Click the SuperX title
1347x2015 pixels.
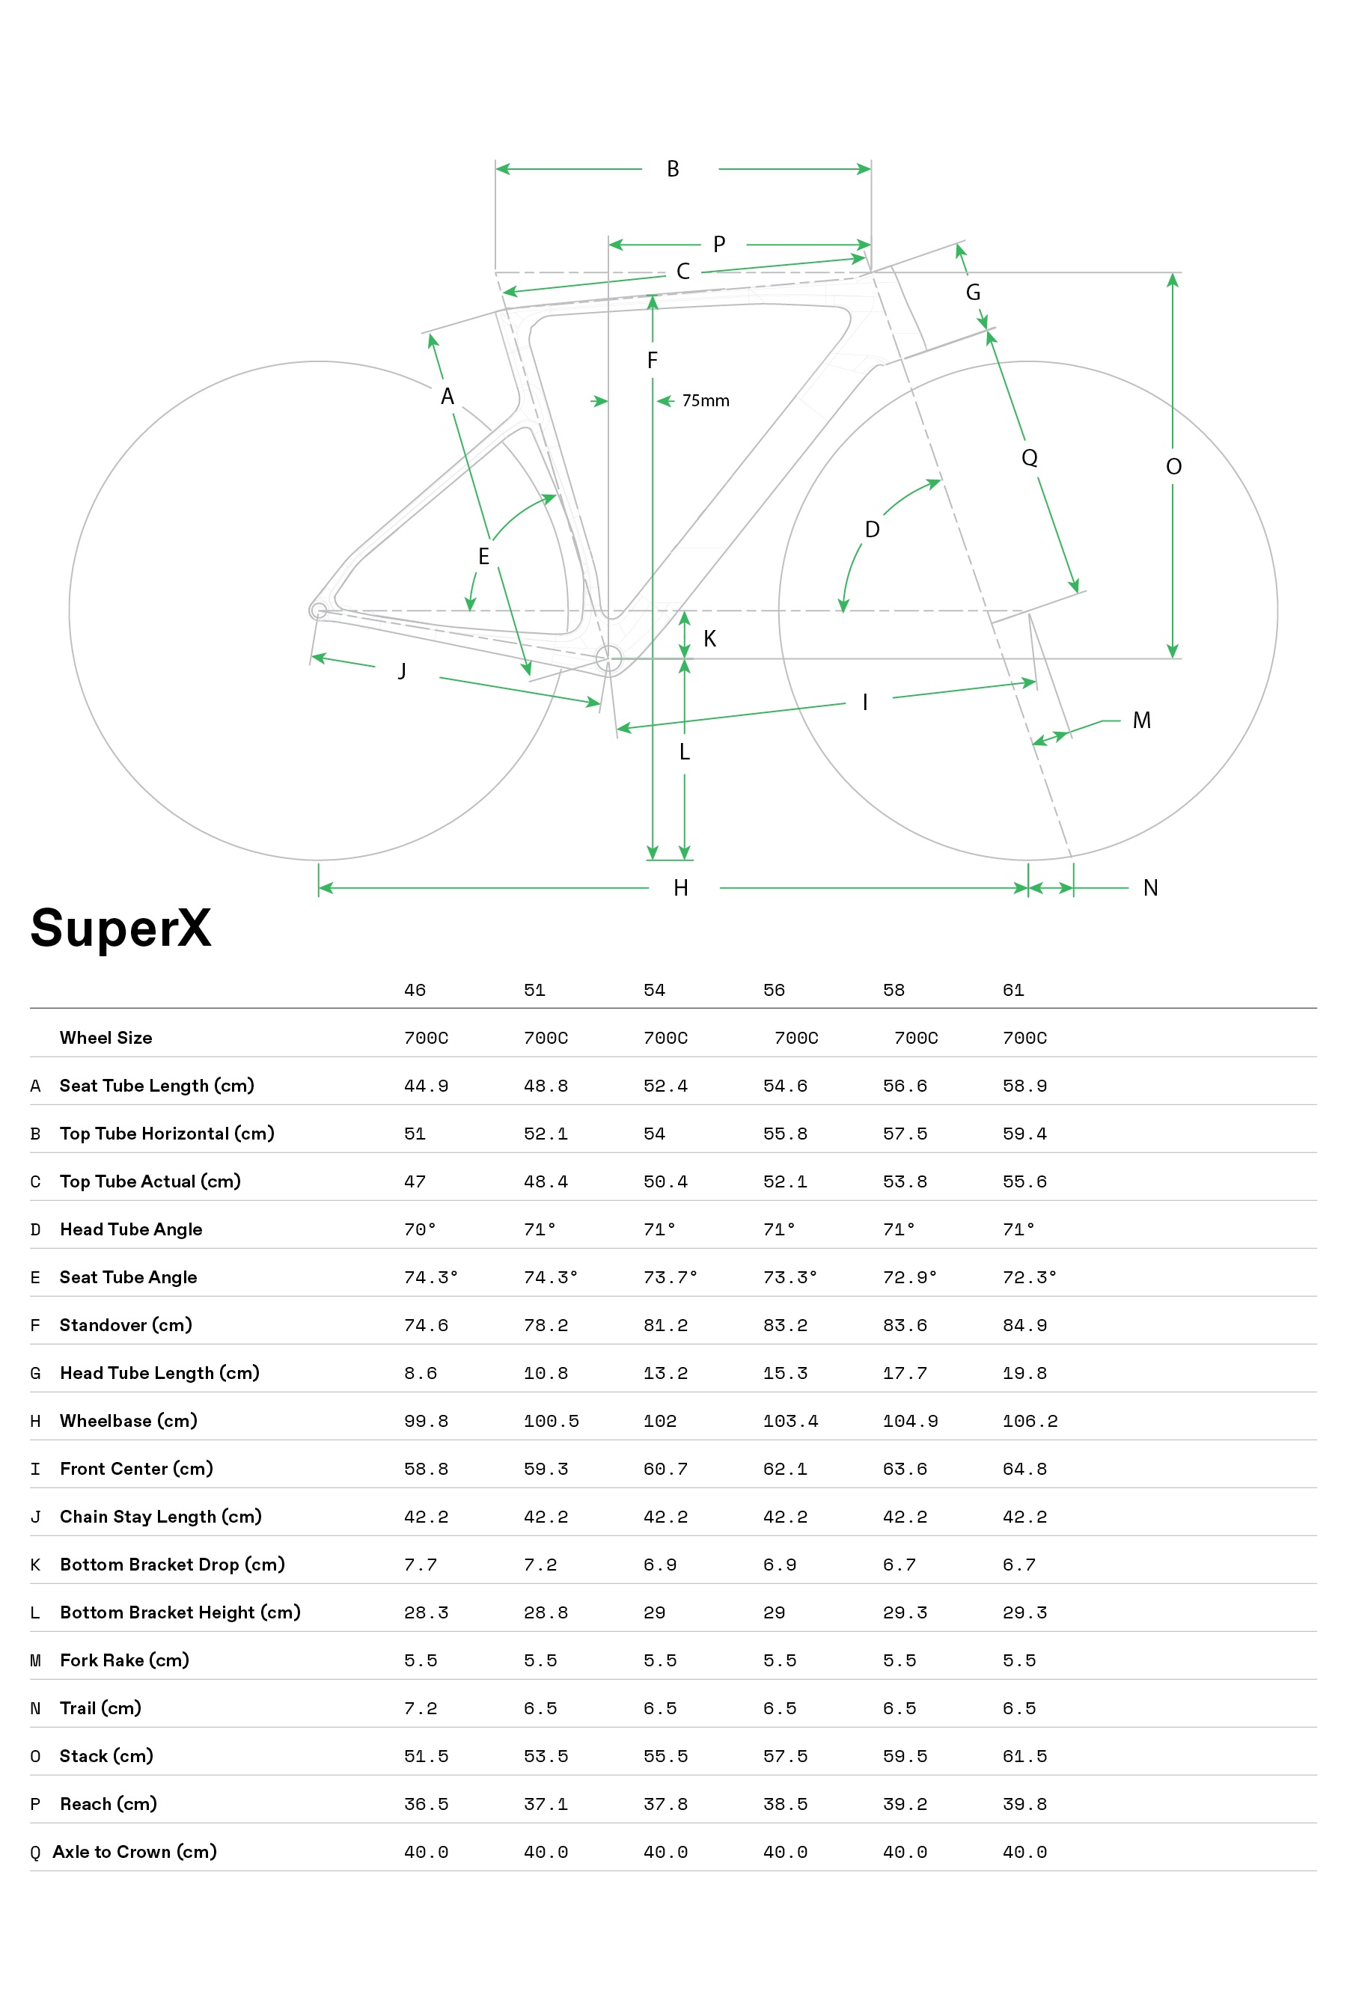(120, 929)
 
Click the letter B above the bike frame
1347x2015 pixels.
(673, 169)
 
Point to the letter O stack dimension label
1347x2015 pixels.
(1173, 466)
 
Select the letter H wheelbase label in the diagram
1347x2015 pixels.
(680, 888)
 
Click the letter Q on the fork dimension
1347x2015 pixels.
(1029, 457)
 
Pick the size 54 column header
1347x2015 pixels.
(654, 991)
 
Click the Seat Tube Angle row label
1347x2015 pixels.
(128, 1277)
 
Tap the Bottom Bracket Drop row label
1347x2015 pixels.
(172, 1564)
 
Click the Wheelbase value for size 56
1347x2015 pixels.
(790, 1421)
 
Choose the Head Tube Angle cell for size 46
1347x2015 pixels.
(420, 1229)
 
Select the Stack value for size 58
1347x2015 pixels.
(905, 1755)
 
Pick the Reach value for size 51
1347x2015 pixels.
(546, 1804)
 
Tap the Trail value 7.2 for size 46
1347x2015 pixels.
(420, 1708)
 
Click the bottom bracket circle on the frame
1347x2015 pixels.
(608, 658)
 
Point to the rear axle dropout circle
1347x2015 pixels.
(318, 611)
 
